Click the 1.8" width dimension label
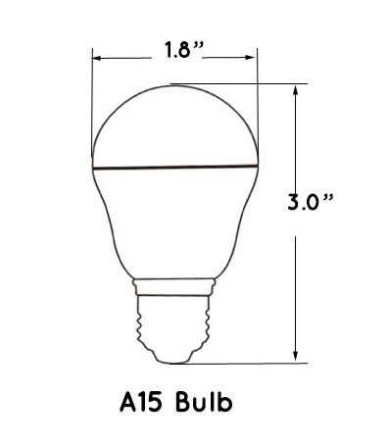click(x=183, y=50)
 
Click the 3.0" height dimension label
click(x=311, y=202)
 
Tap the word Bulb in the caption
click(x=204, y=402)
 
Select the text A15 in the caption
click(x=141, y=402)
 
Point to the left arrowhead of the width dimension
click(x=97, y=59)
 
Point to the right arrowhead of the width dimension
click(x=251, y=58)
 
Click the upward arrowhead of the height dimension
click(x=296, y=90)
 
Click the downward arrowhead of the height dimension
click(x=296, y=356)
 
